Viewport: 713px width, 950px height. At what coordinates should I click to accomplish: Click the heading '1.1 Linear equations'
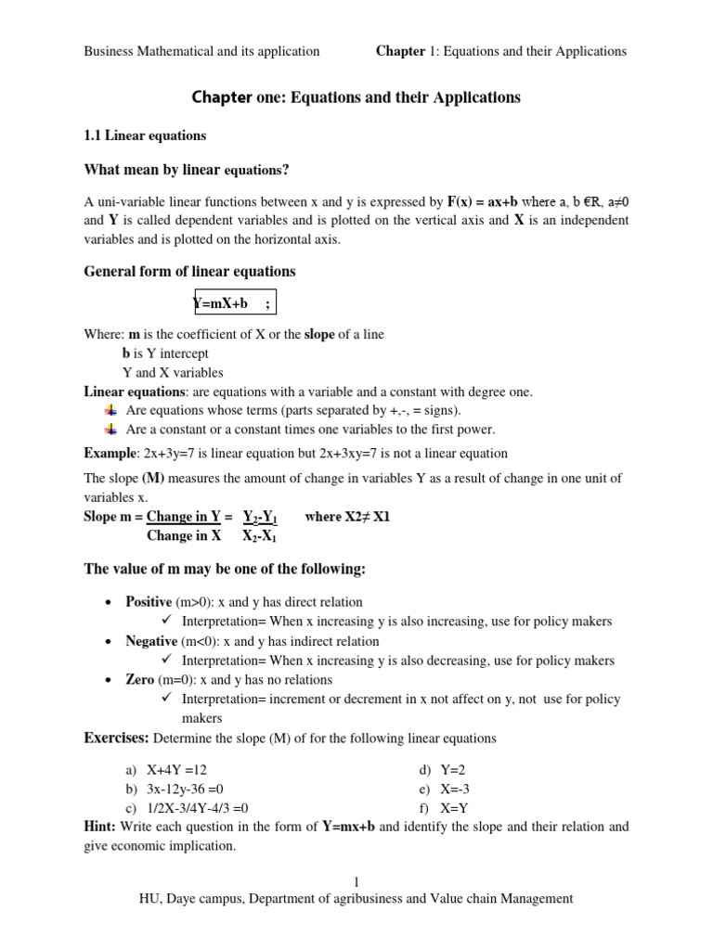click(145, 135)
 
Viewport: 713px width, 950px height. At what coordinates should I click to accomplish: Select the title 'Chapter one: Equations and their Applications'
click(356, 97)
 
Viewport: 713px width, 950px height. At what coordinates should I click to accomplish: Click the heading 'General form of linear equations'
click(189, 272)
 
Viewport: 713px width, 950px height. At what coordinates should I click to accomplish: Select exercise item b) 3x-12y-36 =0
click(185, 789)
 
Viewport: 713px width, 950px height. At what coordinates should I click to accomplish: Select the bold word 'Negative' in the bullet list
click(151, 641)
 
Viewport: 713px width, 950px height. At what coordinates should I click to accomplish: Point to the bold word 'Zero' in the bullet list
click(140, 680)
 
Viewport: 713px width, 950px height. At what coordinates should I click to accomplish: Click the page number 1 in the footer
click(356, 882)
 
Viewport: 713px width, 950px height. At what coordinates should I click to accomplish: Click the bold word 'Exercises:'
click(116, 738)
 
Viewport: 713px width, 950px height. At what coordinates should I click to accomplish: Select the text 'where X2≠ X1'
click(347, 517)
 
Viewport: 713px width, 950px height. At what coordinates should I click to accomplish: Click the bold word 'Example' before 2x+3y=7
click(110, 454)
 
